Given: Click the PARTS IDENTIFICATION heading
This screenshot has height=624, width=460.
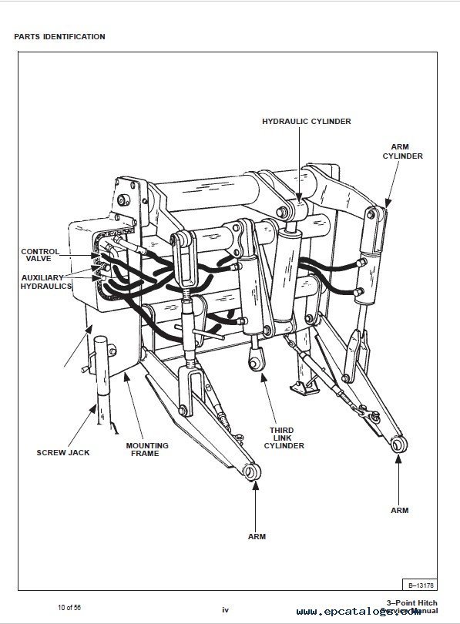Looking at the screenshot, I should pos(59,36).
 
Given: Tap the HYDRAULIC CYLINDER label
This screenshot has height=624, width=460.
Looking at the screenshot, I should pos(307,122).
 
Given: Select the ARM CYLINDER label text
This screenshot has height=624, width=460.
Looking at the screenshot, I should pos(402,150).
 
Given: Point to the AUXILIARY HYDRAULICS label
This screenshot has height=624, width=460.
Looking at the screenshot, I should pos(45,281).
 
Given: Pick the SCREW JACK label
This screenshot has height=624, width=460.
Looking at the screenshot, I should pos(63,452).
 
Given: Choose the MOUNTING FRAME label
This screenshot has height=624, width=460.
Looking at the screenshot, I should pos(147,449).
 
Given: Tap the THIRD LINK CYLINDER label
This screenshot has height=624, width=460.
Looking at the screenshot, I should pos(285,438).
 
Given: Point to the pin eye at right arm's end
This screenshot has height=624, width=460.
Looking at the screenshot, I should pos(398,445).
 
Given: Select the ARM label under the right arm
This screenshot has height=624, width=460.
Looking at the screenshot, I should pos(399,510).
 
